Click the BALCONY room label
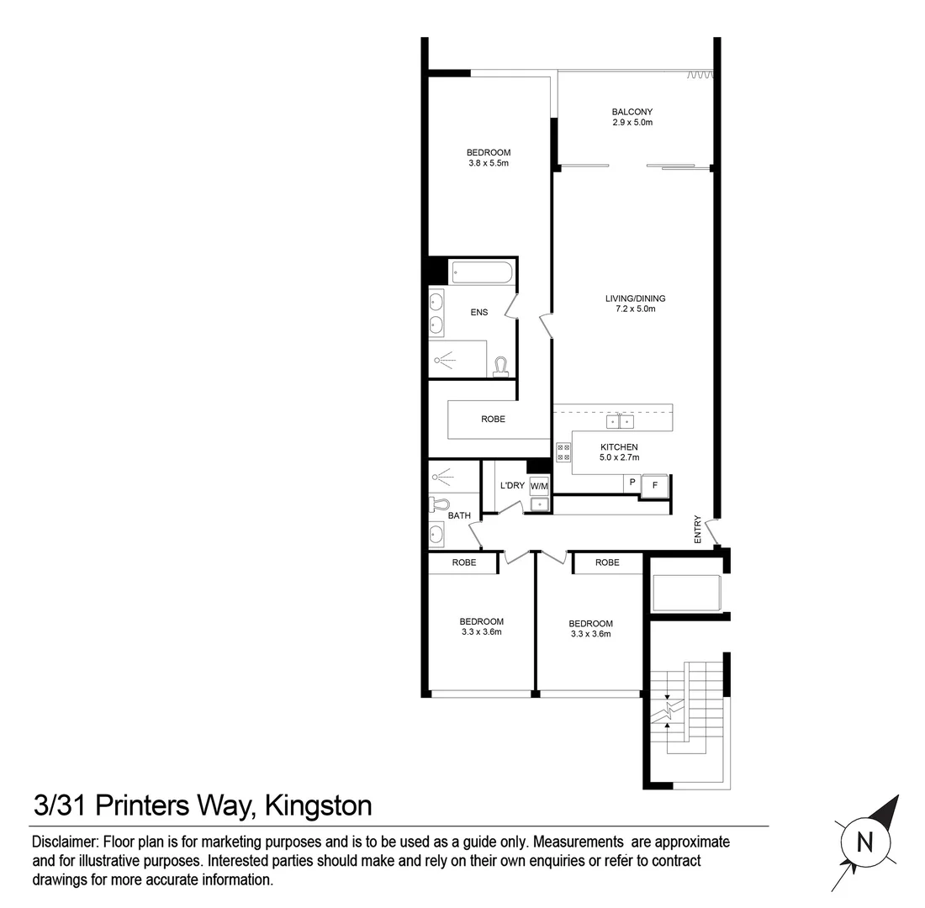tap(632, 112)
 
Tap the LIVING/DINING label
tap(635, 298)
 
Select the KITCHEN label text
tap(618, 447)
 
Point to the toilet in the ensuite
tap(501, 367)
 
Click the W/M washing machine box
tap(539, 486)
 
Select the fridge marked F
tap(654, 485)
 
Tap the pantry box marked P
tap(632, 483)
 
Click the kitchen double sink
tap(620, 421)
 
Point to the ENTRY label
tap(698, 529)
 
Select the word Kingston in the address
tap(318, 805)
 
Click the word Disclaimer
tap(64, 842)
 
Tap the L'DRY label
tap(512, 486)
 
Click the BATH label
tap(459, 515)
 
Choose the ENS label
tap(478, 313)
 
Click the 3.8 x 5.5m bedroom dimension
tap(489, 163)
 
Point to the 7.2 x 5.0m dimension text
tap(635, 309)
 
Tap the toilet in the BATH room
tap(437, 504)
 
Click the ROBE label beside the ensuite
tap(493, 419)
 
